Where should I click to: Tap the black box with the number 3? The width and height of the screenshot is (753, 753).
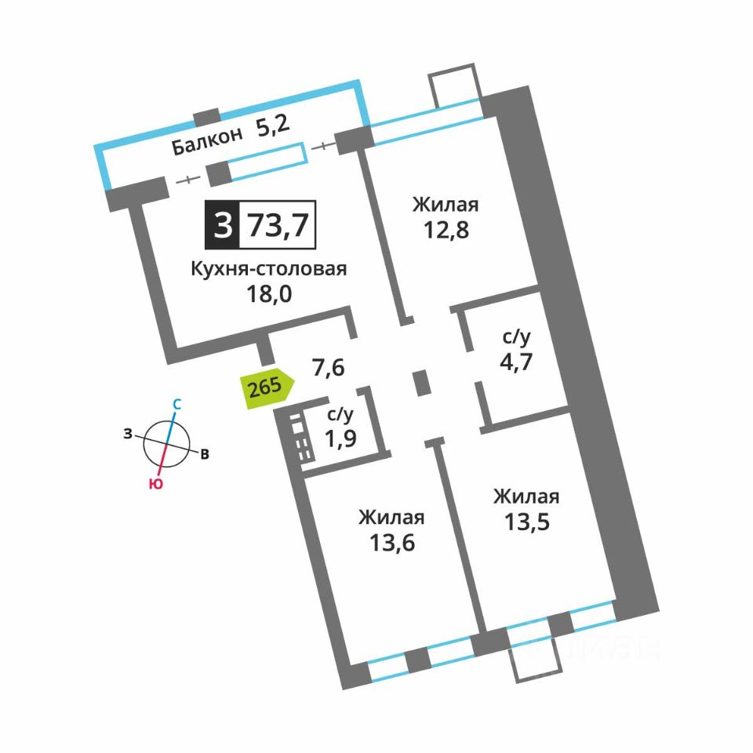click(222, 225)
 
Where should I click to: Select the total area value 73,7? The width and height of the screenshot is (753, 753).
click(278, 225)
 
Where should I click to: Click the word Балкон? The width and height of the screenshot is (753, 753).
click(207, 140)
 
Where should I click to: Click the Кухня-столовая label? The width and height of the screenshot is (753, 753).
click(269, 269)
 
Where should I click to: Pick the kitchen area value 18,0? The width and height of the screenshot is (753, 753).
click(269, 293)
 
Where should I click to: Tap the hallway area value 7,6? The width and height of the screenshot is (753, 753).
click(329, 368)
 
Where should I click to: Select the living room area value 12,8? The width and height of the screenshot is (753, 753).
click(446, 230)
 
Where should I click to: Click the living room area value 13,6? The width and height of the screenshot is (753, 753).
click(392, 543)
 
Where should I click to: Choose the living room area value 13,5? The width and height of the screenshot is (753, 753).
click(527, 522)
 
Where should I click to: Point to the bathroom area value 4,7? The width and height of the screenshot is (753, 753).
click(516, 362)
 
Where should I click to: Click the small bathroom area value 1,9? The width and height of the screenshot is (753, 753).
click(340, 438)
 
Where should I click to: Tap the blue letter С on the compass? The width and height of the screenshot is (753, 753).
click(176, 405)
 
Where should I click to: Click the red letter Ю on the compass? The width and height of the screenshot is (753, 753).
click(155, 484)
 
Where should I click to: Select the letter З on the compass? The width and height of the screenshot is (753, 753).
click(127, 434)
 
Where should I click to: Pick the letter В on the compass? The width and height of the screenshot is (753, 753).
click(205, 454)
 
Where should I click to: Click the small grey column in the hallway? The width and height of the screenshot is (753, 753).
click(422, 384)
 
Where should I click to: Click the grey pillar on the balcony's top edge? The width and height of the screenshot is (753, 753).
click(206, 117)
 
